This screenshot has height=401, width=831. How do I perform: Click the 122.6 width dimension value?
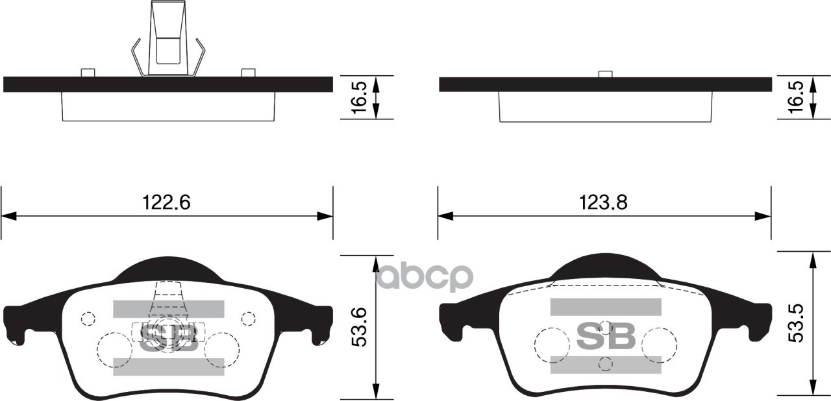coord(166,202)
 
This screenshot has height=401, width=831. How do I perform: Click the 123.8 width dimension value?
coord(603,202)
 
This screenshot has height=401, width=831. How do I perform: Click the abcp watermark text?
coord(425,277)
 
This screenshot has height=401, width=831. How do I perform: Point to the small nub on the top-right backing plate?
coord(605,74)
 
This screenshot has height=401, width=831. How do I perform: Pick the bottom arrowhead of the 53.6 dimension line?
coord(375,392)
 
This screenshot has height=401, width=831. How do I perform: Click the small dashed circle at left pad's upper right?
coord(248,319)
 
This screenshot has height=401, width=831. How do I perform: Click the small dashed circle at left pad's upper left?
coord(88,319)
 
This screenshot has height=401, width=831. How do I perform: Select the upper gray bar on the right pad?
coord(605,307)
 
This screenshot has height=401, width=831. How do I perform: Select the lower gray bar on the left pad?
coord(168,366)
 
